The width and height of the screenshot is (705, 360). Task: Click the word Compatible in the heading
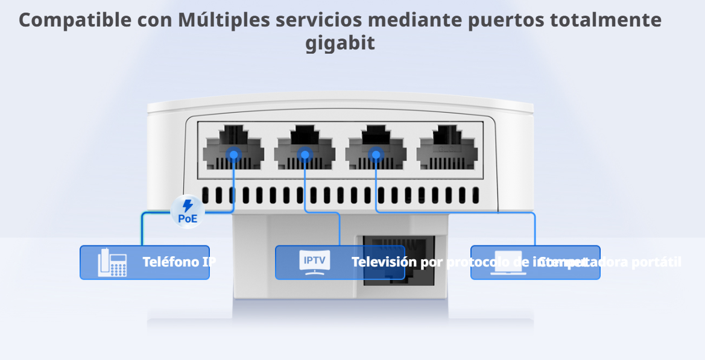click(75, 20)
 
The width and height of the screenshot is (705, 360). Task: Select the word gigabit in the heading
click(340, 43)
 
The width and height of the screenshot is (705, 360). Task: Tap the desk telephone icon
click(112, 263)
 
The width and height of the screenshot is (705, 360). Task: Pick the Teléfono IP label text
click(179, 262)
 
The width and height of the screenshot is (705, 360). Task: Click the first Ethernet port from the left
click(233, 147)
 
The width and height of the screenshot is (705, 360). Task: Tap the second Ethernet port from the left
click(305, 147)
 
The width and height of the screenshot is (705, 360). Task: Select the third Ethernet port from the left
click(375, 147)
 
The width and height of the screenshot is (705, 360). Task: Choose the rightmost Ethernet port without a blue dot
click(446, 147)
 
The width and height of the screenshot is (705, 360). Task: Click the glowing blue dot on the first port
click(234, 154)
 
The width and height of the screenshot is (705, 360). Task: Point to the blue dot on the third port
click(376, 154)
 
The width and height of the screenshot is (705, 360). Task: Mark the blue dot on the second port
click(305, 154)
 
